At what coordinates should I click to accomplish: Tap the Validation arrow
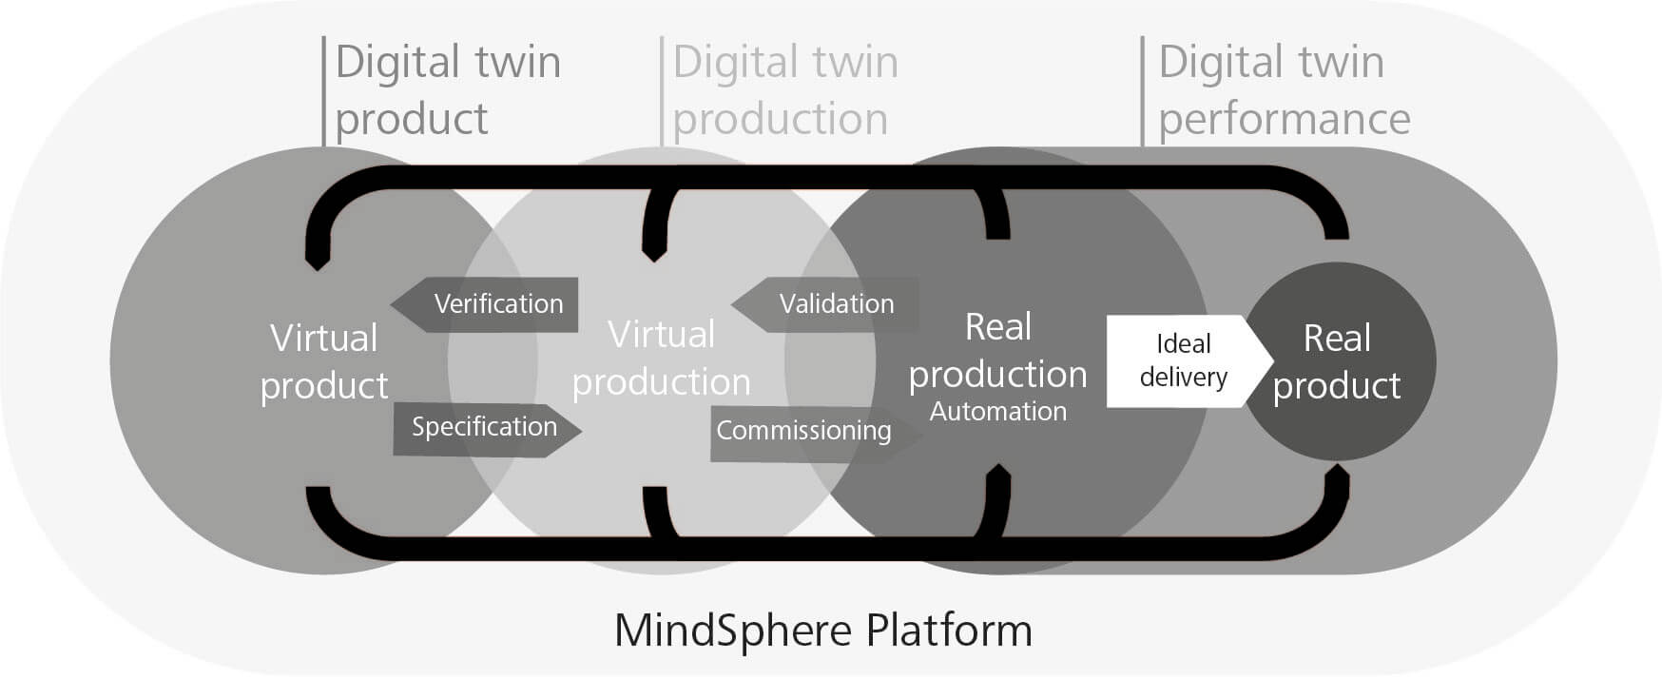(827, 304)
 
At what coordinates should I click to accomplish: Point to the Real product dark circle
(1339, 361)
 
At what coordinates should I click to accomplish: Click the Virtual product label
(324, 361)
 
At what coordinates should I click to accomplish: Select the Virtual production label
(662, 359)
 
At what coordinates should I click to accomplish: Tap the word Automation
(998, 412)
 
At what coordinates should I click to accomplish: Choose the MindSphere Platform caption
(823, 630)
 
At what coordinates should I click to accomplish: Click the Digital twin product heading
(447, 90)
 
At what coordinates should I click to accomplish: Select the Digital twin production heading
(785, 90)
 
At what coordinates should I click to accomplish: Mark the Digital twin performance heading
(1284, 90)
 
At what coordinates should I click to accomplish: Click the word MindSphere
(733, 630)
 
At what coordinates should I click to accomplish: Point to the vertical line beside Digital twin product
(324, 91)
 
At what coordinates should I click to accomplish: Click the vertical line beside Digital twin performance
(1143, 91)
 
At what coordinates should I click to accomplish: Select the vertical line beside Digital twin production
(662, 91)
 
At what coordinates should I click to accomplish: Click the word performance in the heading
(1284, 120)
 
